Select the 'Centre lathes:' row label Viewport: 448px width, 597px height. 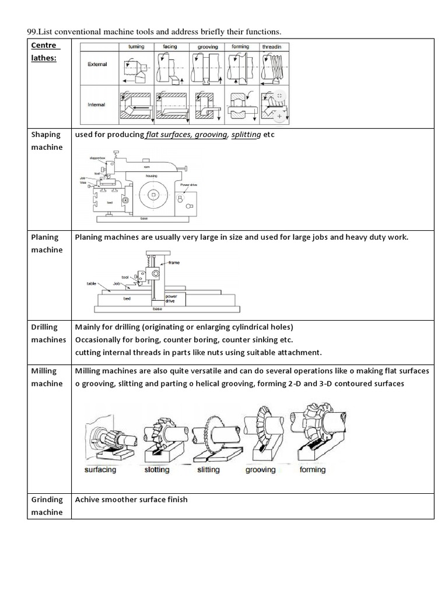[x=44, y=51]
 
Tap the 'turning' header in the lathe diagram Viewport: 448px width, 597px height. [x=136, y=47]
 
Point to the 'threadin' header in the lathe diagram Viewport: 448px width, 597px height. [x=276, y=47]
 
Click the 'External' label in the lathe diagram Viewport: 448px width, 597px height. [x=97, y=64]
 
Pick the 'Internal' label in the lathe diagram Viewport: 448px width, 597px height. [x=97, y=105]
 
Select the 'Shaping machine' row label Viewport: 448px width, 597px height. [x=47, y=141]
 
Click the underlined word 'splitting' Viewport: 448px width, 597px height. [x=246, y=135]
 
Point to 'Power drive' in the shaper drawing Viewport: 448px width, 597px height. [x=189, y=185]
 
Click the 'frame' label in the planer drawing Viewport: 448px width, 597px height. [x=174, y=263]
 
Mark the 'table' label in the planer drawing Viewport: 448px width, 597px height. [x=91, y=283]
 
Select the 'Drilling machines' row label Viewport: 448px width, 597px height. [x=48, y=333]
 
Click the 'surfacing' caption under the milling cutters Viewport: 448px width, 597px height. [x=100, y=469]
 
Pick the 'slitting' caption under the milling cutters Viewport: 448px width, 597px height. [x=208, y=469]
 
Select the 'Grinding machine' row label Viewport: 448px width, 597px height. [x=47, y=505]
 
